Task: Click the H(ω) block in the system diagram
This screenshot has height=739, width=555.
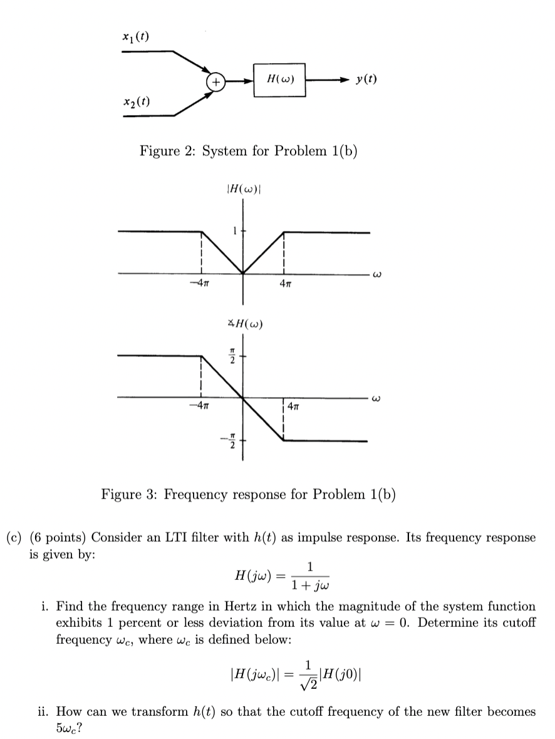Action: coord(279,80)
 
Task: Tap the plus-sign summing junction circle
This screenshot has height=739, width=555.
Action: coord(215,81)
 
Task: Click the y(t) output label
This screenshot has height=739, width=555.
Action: coord(365,80)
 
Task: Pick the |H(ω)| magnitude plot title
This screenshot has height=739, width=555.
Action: coord(242,189)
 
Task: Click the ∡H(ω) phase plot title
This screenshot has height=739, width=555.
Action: coord(243,324)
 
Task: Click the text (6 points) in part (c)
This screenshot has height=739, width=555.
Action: coord(60,537)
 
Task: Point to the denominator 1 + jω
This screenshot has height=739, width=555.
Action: coord(310,587)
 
